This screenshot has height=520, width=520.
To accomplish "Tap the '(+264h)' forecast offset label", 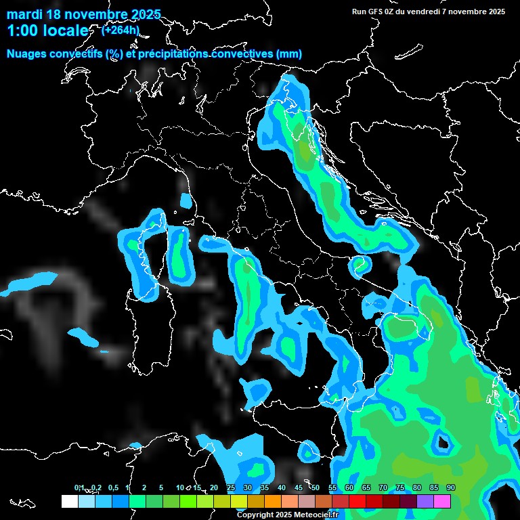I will click(x=120, y=29).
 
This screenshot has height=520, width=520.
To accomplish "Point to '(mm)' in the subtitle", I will click(x=289, y=54).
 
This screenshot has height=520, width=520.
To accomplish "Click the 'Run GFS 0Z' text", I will click(x=374, y=12).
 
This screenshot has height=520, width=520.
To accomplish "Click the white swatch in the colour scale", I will click(x=69, y=502).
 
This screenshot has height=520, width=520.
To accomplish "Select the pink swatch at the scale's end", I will click(x=442, y=502).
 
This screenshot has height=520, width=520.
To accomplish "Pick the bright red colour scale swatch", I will click(x=357, y=502).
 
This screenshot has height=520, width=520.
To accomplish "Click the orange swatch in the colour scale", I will click(x=273, y=502).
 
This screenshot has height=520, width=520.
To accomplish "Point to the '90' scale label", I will click(x=451, y=487).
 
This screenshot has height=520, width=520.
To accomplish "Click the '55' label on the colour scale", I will click(x=332, y=487).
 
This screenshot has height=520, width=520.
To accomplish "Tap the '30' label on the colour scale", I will click(x=248, y=487).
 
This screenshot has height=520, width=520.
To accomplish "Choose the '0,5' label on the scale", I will click(x=112, y=487).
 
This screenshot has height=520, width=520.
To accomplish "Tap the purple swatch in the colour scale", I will click(x=425, y=502).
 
